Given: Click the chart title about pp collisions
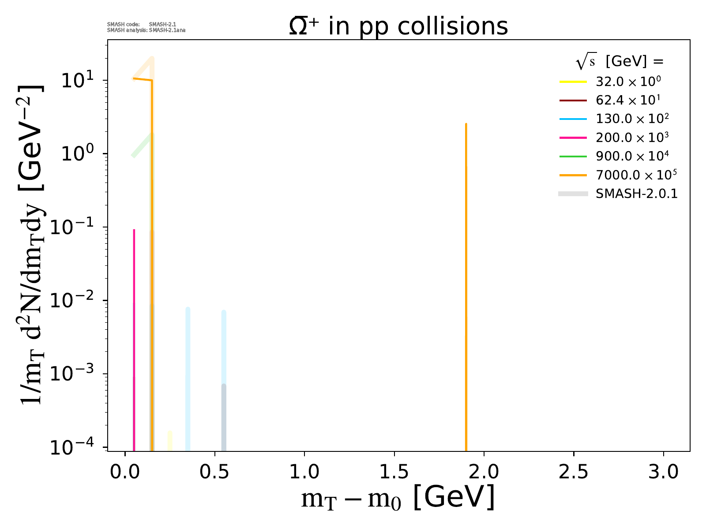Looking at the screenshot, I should point(398,26).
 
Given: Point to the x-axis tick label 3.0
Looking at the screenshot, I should point(663,472).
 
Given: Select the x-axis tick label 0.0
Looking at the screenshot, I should point(125,472).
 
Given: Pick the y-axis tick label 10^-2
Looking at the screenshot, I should point(75,301).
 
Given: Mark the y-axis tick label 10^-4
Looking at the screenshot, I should point(75,447).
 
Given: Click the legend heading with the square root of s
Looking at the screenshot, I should point(620,62).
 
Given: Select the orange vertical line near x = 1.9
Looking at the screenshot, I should point(466,287).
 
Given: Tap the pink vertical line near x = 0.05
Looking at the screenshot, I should point(134,339).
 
